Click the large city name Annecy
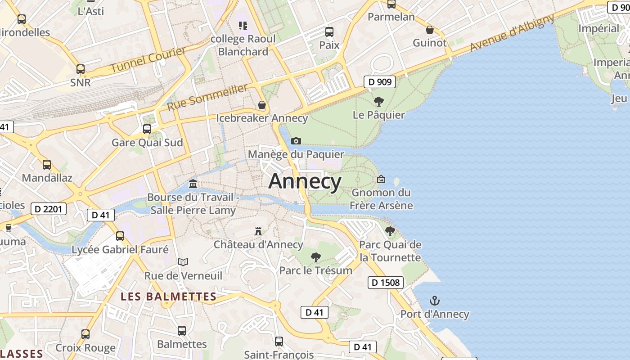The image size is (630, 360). pos(305,181)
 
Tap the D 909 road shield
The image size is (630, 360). pos(379,82)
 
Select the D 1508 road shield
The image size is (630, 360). pos(386,283)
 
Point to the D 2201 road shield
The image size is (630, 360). pos(49,209)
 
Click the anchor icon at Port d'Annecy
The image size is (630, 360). pos(435,301)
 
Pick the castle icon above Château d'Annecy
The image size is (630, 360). pos(258,231)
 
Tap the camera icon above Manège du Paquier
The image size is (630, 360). pos(296,141)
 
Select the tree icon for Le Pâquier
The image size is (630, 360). pos(379,101)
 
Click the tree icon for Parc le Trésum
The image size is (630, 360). pos(316,257)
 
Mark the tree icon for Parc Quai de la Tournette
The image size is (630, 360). pos(390,231)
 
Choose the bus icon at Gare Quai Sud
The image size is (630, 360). pos(147,129)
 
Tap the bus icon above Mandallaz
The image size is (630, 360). pos(47,165)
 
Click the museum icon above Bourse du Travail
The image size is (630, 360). pos(193,184)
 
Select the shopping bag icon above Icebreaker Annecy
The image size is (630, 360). pos(262,105)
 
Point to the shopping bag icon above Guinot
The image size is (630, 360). pos(430,30)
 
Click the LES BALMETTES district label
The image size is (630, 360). pos(169,297)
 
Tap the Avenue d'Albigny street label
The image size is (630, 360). pos(512,33)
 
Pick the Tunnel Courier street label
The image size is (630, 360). pos(148,59)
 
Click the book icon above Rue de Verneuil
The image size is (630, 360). pos(183,262)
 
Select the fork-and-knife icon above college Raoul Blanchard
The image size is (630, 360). pos(243,25)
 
